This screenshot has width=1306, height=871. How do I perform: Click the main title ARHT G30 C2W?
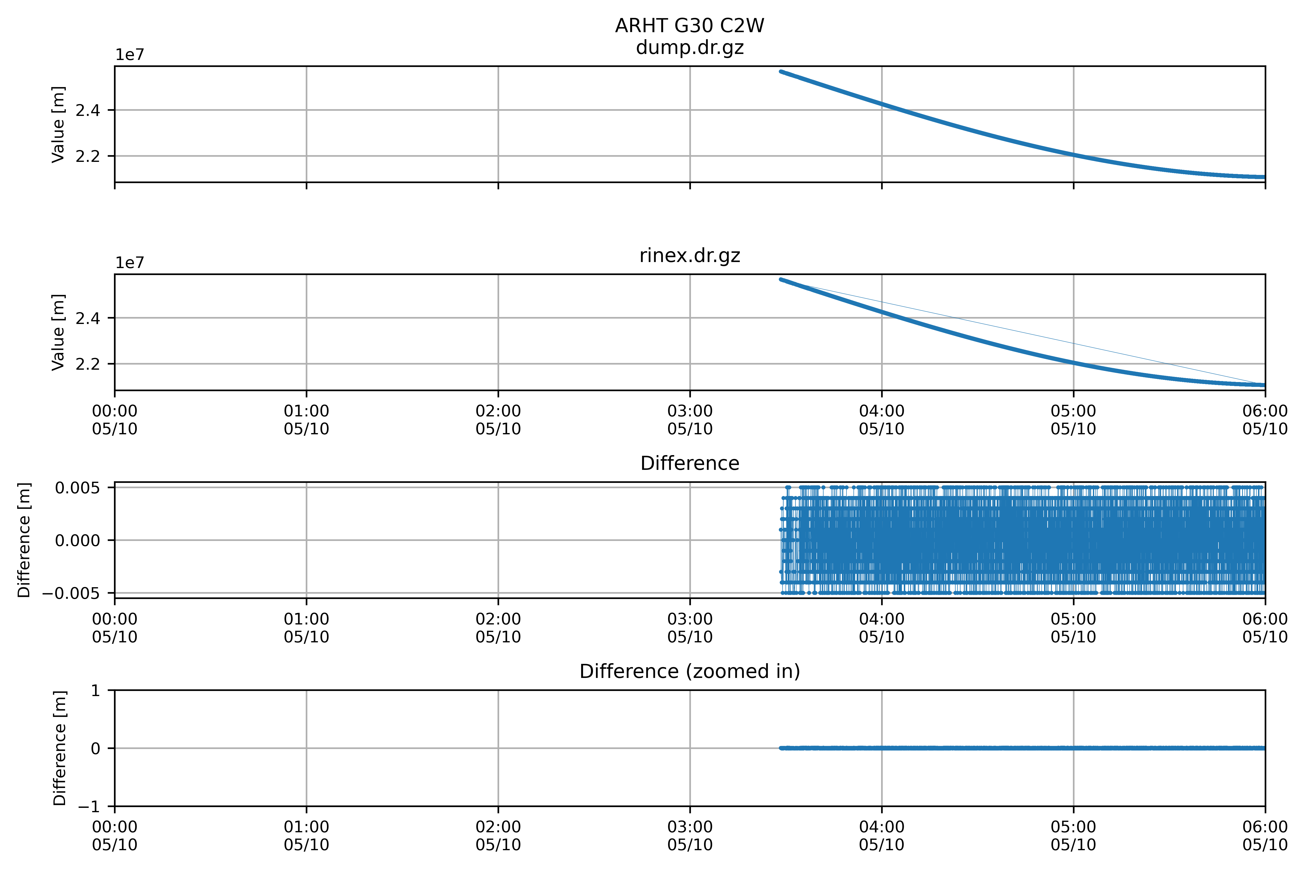pos(690,26)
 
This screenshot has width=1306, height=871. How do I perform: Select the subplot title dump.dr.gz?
pos(690,48)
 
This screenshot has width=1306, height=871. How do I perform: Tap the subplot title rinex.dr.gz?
pos(690,255)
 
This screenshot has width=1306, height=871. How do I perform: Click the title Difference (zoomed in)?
pos(690,672)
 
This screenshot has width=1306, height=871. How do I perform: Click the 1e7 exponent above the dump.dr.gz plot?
pos(129,55)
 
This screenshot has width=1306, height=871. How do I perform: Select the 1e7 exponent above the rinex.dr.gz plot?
pos(129,263)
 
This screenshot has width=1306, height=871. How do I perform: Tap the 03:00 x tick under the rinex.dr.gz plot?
pos(690,420)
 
